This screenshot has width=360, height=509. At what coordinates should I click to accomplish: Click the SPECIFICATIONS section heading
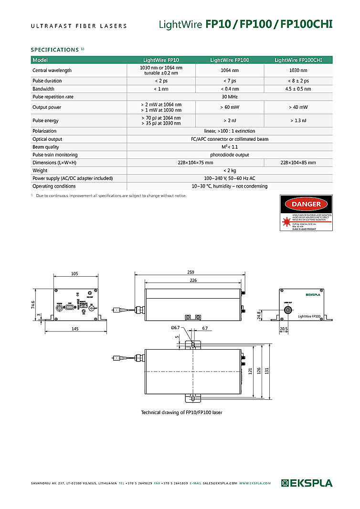(55, 50)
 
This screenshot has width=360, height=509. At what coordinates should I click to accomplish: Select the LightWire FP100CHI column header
(298, 60)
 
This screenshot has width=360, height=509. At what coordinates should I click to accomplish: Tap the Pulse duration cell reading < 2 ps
(161, 81)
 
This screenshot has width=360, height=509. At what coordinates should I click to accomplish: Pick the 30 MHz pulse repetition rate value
(230, 97)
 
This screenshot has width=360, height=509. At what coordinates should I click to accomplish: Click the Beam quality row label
(46, 147)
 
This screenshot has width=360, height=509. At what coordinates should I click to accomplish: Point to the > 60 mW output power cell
(230, 107)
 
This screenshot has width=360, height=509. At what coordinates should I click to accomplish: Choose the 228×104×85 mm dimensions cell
(298, 163)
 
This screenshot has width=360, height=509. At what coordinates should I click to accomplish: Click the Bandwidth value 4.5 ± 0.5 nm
(298, 89)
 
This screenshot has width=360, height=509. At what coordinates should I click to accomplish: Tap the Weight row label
(40, 170)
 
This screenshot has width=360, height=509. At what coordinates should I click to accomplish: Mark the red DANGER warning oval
(306, 204)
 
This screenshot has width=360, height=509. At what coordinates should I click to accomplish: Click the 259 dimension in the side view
(191, 272)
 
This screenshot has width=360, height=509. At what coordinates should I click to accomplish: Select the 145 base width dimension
(75, 329)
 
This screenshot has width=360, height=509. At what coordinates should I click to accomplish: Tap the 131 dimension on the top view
(274, 370)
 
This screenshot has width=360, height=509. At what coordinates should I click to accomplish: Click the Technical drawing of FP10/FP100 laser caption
(181, 412)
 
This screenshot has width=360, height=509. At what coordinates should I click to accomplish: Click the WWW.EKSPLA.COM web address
(255, 483)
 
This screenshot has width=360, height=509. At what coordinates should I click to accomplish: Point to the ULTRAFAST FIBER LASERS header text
(79, 26)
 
